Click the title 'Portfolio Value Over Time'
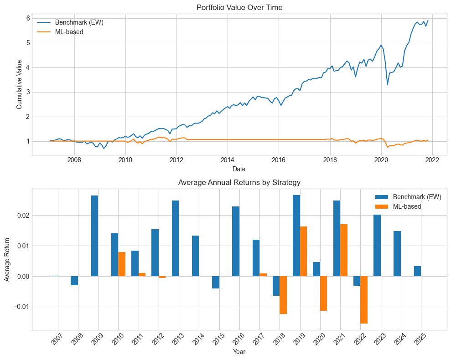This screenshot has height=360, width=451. click(239, 7)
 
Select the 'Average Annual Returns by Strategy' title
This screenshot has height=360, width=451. click(239, 183)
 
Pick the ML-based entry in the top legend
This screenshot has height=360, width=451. click(68, 32)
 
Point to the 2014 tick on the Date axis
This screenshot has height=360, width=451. click(228, 160)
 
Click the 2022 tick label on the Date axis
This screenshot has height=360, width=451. click(432, 160)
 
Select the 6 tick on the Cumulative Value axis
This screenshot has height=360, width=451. click(27, 18)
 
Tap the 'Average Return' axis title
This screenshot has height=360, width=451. click(7, 259)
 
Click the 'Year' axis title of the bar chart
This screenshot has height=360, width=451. click(239, 352)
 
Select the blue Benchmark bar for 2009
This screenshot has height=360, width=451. click(94, 236)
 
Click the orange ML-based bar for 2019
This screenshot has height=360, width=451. click(304, 251)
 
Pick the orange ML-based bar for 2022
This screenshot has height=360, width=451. click(364, 300)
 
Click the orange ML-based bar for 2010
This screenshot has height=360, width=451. click(122, 264)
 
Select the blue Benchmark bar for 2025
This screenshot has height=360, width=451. click(417, 271)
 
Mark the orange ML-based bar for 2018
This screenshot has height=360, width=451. click(283, 295)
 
